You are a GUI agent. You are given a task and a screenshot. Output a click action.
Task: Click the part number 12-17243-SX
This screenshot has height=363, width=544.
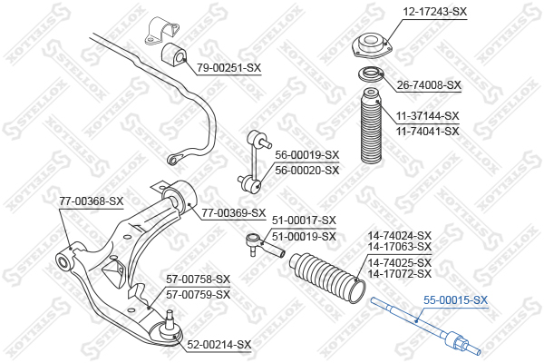tap(434, 12)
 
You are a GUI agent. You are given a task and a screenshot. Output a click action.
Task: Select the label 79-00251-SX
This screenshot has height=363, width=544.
tap(228, 68)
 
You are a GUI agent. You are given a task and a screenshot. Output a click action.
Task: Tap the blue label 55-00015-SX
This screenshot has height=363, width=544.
tap(455, 299)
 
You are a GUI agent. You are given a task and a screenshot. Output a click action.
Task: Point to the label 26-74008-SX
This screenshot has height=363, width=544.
tap(429, 85)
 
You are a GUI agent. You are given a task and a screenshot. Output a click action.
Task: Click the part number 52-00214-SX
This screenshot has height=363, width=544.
tap(219, 345)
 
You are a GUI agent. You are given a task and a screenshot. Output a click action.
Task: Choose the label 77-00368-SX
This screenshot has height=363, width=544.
tap(92, 201)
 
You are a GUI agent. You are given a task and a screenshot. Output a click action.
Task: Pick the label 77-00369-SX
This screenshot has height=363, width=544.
tap(234, 213)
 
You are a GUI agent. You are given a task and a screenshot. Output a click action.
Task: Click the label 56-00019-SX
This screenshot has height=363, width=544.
tap(307, 155)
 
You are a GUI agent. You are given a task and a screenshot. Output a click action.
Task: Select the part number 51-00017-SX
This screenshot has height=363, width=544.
tap(304, 221)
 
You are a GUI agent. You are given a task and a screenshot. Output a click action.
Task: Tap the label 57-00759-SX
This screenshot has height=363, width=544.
tap(198, 295)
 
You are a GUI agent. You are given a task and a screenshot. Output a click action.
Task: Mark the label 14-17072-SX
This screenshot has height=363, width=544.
tap(400, 274)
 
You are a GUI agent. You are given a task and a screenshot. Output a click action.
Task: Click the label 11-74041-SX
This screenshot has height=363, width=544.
tap(427, 132)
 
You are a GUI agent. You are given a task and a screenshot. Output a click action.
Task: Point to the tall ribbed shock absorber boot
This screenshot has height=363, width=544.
tap(371, 126)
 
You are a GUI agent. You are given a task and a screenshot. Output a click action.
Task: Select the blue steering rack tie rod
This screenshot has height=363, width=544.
tap(425, 328)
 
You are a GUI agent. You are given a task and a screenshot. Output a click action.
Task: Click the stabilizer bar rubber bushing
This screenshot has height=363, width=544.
tap(174, 54)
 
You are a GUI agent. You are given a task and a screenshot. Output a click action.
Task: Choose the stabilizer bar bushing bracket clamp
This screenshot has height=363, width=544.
tap(160, 31)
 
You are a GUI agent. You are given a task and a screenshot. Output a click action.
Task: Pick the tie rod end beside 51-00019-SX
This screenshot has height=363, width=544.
tap(265, 245)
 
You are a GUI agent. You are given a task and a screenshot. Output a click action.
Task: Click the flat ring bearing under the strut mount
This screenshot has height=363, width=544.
tap(371, 74)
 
